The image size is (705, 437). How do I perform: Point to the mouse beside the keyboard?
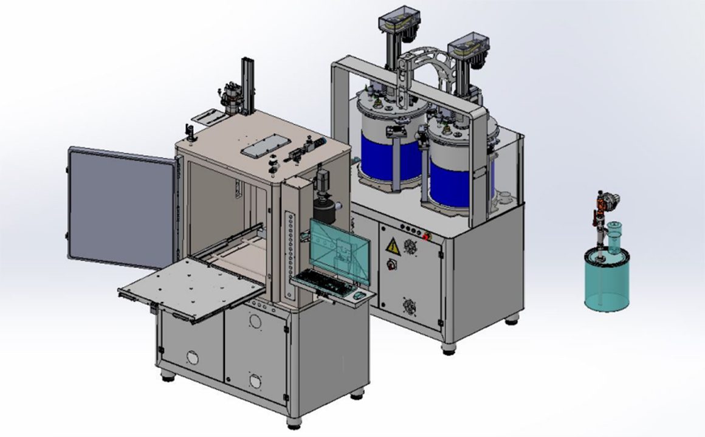(x=357, y=295)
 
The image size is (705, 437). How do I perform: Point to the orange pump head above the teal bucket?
(x=605, y=201)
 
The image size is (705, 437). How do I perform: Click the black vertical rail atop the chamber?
(x=247, y=85)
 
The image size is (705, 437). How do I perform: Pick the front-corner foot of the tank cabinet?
(x=449, y=348)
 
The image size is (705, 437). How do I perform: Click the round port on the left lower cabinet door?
(x=192, y=357)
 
